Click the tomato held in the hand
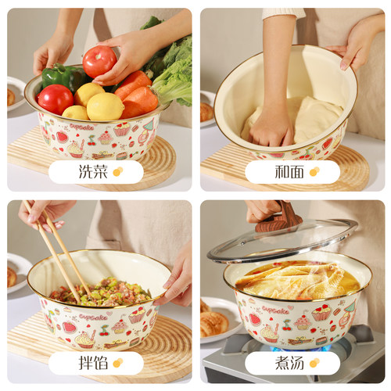[99, 61]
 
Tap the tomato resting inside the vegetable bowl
[55, 99]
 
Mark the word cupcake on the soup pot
[275, 310]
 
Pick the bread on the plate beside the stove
[213, 321]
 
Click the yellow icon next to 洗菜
[117, 171]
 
